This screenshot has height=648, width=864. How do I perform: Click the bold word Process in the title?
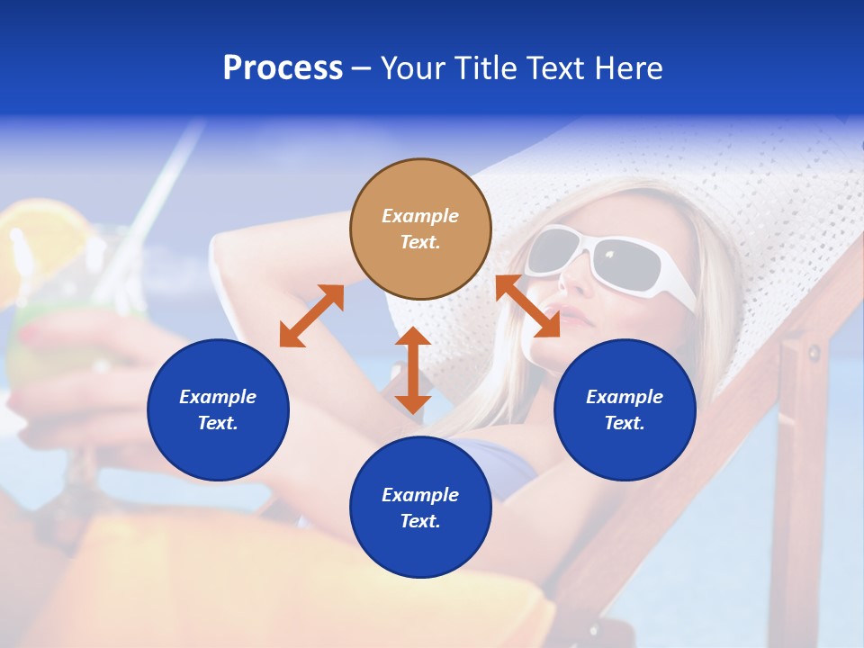coord(283,68)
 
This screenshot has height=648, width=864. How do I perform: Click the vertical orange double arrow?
coord(413,370)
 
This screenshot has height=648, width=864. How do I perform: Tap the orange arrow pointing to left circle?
coord(311,316)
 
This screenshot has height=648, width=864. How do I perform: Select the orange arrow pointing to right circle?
coord(528,306)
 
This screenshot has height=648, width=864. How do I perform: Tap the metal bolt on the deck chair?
coord(814,352)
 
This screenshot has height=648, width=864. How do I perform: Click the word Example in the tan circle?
coord(420,216)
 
